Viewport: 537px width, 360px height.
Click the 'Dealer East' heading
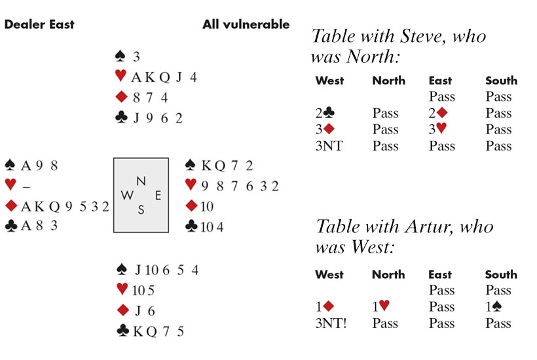39,24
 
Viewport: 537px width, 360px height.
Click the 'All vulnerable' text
246,24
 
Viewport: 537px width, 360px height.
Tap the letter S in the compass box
141,209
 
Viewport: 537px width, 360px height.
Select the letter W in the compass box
126,195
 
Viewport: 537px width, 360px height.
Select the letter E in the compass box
157,194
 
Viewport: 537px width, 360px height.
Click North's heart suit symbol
120,77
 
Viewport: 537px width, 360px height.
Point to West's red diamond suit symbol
11,207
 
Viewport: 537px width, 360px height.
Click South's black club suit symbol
122,331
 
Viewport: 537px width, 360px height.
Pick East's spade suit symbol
191,165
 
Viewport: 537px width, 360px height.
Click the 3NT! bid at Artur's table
331,323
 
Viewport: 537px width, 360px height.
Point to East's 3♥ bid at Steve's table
438,130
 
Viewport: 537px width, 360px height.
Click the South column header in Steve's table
501,81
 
